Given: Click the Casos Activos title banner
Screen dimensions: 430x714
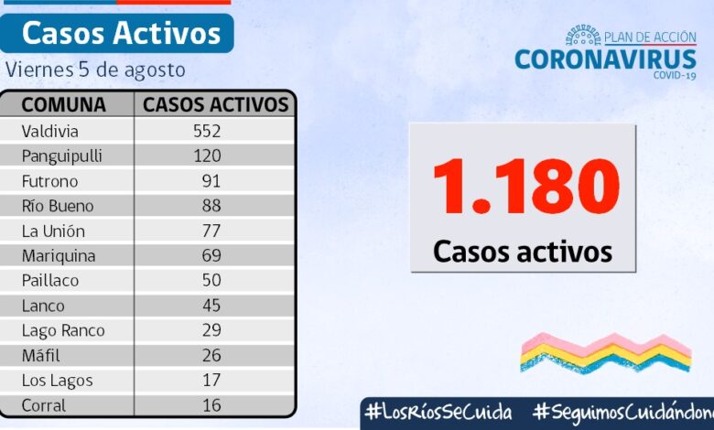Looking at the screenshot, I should click(x=121, y=33).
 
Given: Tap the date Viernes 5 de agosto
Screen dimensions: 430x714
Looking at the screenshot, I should click(x=95, y=70).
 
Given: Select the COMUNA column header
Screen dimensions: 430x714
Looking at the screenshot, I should click(x=64, y=104).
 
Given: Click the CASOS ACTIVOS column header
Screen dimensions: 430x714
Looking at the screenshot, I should click(x=215, y=104).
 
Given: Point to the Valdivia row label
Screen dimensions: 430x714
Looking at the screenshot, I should click(x=50, y=131).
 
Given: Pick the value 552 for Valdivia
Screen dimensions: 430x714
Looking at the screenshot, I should click(x=207, y=131).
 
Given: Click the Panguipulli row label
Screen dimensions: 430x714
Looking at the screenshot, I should click(x=61, y=156).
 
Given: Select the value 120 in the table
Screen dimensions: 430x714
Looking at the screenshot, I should click(x=207, y=156).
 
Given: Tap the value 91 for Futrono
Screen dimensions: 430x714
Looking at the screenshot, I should click(x=211, y=181).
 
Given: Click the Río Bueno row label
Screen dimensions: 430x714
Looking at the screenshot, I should click(x=58, y=206).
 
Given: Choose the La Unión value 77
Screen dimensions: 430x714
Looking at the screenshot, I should click(x=211, y=231).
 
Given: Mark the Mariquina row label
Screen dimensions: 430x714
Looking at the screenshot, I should click(x=59, y=255).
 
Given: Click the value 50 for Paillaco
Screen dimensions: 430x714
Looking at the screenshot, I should click(x=211, y=281).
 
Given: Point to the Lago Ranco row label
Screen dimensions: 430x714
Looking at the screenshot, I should click(x=63, y=330).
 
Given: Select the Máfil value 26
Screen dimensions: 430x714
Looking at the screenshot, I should click(x=211, y=355).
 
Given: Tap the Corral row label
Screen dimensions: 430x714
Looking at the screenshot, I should click(x=44, y=404).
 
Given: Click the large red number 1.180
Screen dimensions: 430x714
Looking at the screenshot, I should click(x=525, y=188).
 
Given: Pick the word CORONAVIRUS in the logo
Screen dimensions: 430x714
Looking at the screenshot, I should click(x=605, y=59).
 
